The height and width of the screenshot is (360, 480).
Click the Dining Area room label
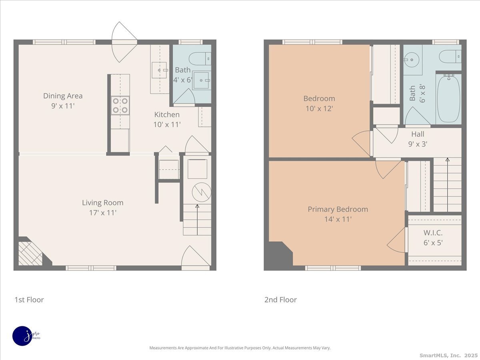tap(63, 96)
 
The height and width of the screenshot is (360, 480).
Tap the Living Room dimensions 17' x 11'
tap(103, 213)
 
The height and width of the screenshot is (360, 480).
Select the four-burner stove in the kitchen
tap(120, 105)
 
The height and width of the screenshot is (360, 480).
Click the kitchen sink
tap(162, 70)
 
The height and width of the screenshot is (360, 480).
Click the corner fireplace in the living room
tap(30, 253)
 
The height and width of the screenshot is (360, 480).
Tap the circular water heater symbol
tap(201, 192)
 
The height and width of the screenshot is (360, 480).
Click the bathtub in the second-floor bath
tap(448, 99)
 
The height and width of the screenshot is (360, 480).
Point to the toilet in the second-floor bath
tap(450, 56)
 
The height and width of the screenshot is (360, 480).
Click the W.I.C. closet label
tap(433, 233)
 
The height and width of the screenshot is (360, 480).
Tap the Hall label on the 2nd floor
tap(418, 134)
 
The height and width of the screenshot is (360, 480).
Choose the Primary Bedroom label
tap(338, 209)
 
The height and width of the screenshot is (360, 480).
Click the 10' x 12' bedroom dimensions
tap(319, 108)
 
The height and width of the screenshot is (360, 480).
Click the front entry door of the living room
tap(195, 258)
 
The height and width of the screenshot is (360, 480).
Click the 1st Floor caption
tap(29, 300)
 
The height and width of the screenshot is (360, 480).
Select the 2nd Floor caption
tap(280, 300)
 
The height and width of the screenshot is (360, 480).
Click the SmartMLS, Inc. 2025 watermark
tap(448, 355)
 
